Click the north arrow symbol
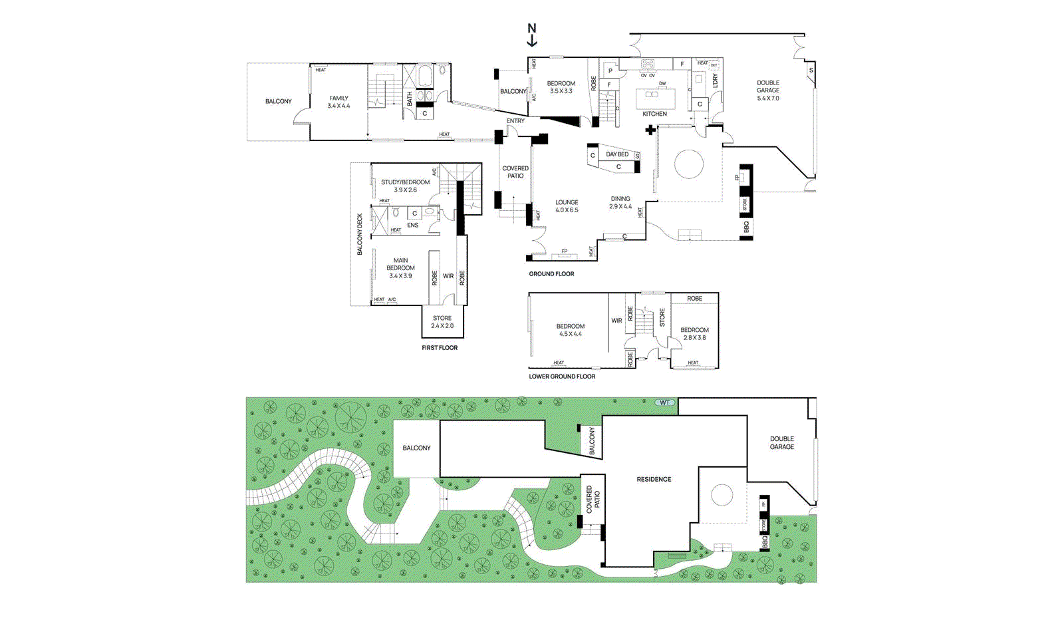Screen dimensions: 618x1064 coord(532,35)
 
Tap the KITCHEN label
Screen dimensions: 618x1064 coord(654,114)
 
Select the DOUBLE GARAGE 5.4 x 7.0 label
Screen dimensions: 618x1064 coord(768,90)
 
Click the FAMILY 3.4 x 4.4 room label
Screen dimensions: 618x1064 coord(338,102)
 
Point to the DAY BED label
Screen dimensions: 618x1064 coord(617,154)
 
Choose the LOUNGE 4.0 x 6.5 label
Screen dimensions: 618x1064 coord(567,206)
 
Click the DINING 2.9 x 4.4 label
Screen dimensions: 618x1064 coord(620,202)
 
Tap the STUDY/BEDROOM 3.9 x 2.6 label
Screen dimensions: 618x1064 coord(405,186)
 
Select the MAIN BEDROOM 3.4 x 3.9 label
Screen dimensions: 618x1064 coord(400,268)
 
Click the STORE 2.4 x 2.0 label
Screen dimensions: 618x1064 coord(442,322)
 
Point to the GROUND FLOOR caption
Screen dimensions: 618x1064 coord(551,274)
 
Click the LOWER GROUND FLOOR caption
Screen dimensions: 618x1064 coord(562,377)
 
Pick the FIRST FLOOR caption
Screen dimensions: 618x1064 coord(440,348)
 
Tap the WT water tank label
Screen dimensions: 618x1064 coord(665,402)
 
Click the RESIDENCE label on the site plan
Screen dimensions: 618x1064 coord(654,479)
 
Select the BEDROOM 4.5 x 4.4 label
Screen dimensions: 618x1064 coord(571,330)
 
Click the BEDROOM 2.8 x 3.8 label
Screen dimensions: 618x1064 coord(694,333)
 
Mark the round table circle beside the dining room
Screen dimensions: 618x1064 coord(689,164)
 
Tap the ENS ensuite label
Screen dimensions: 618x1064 coord(413,225)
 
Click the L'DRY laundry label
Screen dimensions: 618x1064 coord(716,80)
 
